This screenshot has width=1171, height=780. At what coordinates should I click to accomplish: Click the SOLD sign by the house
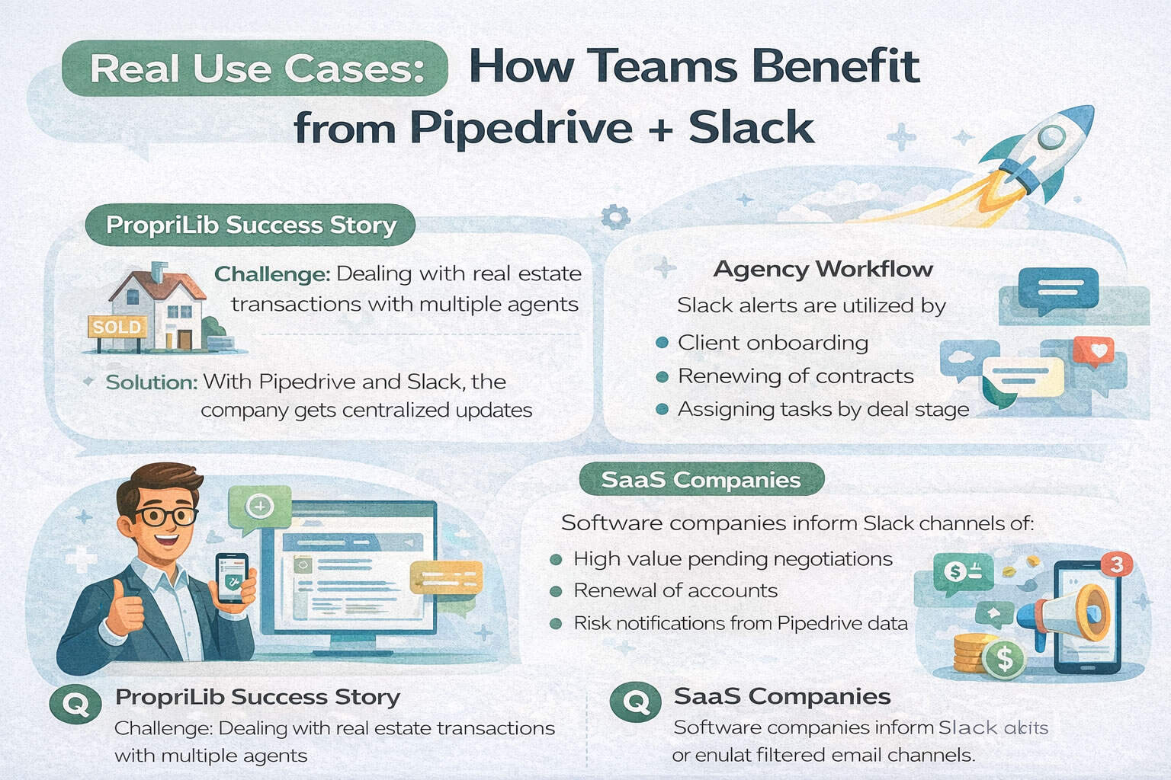point(117,328)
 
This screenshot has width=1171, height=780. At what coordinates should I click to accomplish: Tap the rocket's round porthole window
point(1052,137)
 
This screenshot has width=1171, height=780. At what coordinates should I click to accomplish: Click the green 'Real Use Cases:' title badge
point(255,69)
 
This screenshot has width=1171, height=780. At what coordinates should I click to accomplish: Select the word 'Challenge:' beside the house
point(271,273)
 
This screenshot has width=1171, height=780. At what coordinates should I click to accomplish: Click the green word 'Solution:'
point(151,382)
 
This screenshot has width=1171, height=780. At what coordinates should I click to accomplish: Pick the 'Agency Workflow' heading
point(823,269)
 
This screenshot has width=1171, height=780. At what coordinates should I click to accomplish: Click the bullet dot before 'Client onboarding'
point(662,343)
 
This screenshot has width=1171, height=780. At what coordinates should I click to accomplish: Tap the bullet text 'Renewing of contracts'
point(795,376)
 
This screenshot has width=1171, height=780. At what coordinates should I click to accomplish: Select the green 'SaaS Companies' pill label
point(701,480)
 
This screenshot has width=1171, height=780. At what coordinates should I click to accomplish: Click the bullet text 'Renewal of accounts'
point(675,590)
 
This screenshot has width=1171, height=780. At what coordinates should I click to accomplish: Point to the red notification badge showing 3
point(1116,564)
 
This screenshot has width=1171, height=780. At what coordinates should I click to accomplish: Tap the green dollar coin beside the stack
point(1004,657)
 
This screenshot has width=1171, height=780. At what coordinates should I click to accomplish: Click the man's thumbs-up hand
point(125,609)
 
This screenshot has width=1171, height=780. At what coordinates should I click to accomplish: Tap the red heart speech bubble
point(1093,353)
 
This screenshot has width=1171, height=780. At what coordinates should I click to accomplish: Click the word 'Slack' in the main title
point(751,127)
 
